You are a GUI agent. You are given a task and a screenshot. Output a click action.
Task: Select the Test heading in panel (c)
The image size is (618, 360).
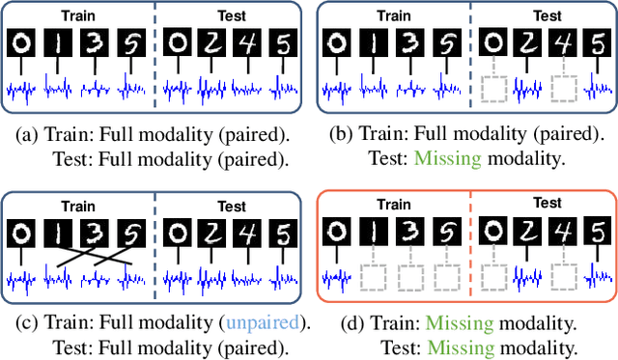231,206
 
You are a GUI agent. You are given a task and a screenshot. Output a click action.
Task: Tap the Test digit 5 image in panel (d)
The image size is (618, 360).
598,233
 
